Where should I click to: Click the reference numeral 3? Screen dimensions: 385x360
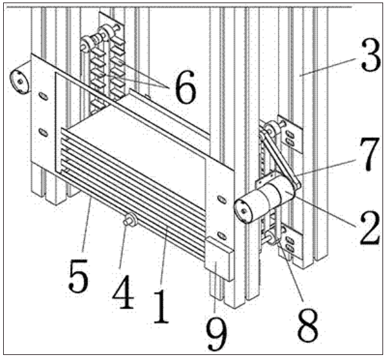pos(370,56)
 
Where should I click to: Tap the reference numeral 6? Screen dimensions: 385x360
pos(186,87)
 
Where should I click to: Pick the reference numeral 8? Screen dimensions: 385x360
pos(307,325)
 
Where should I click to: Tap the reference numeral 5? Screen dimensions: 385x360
pos(78,276)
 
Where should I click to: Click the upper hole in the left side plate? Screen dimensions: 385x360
pos(44,96)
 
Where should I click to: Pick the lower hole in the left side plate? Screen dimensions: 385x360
pos(44,133)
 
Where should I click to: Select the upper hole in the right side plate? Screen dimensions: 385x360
pos(222,200)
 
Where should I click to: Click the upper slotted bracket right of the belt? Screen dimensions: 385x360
pos(290,133)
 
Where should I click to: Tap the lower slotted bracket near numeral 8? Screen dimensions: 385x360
pos(290,244)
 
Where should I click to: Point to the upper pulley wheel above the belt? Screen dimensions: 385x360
pos(270,128)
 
